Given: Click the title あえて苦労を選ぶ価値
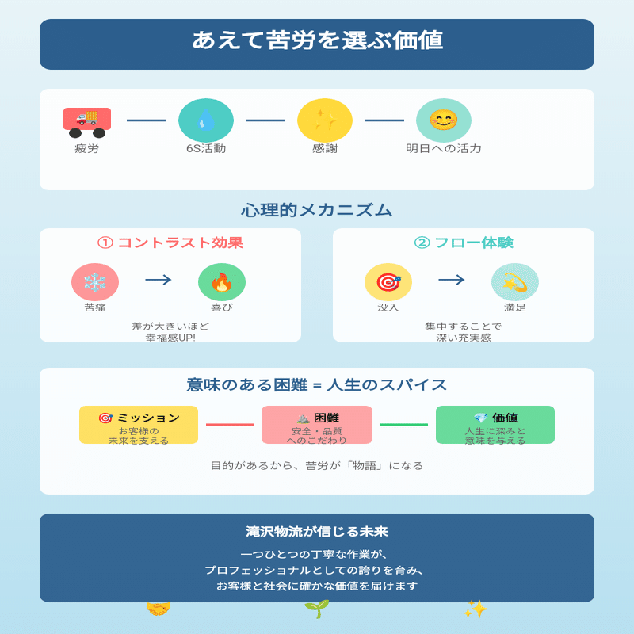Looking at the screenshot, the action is [317, 40].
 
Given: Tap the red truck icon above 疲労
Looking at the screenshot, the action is [87, 120].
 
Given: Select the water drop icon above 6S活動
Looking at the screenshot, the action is [206, 120].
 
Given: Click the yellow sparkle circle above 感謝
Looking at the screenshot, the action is [325, 120].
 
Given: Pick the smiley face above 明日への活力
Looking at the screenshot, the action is [444, 120].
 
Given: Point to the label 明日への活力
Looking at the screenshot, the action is [444, 148].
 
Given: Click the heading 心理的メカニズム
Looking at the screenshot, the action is [317, 210].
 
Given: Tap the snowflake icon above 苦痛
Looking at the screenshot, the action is [95, 282].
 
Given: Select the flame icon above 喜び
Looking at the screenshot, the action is [222, 282].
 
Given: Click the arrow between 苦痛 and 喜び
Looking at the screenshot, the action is [158, 280].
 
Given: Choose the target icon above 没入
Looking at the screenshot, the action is [388, 282].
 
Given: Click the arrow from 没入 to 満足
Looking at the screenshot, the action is [452, 280].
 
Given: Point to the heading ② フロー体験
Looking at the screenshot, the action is [464, 243].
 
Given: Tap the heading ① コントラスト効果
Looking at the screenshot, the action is [170, 243].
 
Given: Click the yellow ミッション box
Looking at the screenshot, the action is [139, 425].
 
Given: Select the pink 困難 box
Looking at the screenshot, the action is [317, 425].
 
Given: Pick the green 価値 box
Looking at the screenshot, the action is [495, 425].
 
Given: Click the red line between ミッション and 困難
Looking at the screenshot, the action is [230, 425].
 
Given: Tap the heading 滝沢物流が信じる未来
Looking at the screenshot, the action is [317, 532].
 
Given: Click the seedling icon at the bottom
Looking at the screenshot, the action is [317, 609].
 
